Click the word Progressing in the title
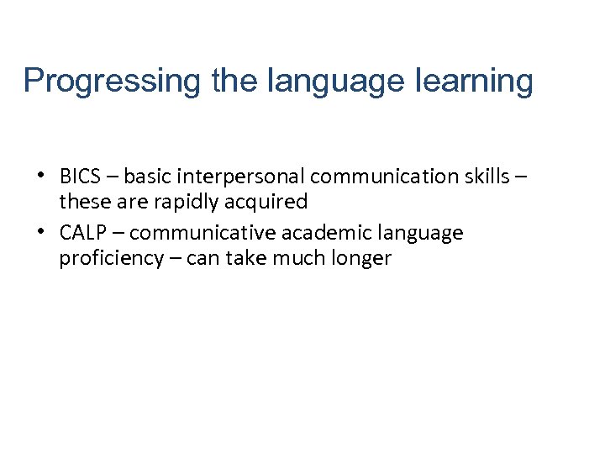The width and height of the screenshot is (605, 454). point(113,82)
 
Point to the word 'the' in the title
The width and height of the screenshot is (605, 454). point(234,82)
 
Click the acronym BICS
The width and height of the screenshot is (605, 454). point(81,177)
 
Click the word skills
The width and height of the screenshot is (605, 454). point(489,177)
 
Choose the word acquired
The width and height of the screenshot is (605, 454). point(276,202)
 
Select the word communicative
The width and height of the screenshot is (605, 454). point(203,233)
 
